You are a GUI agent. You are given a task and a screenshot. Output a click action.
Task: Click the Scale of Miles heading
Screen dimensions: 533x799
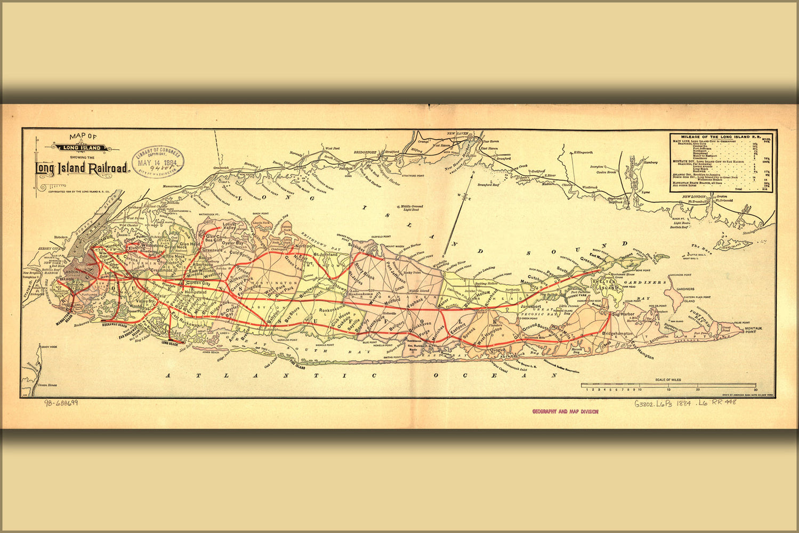[x=668, y=379]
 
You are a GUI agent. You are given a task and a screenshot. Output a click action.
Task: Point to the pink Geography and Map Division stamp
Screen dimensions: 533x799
[x=565, y=411]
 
